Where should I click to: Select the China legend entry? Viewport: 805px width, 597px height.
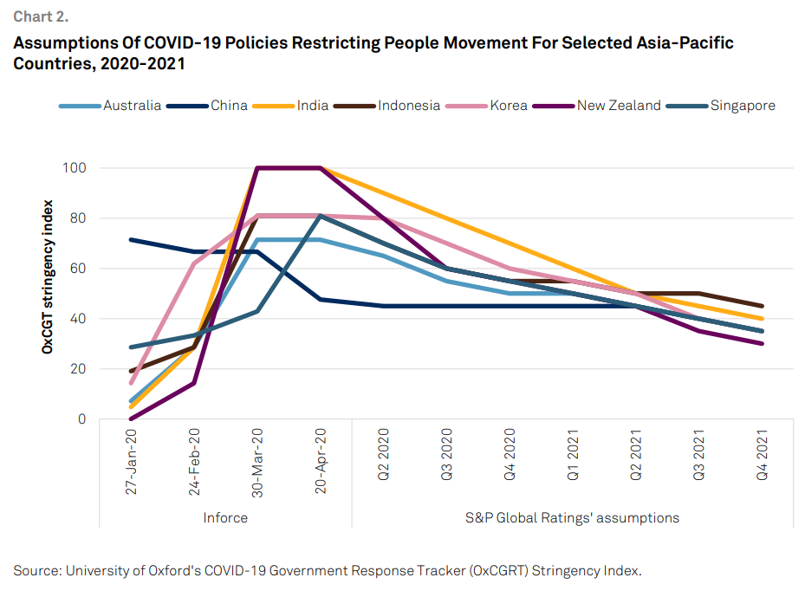click(229, 106)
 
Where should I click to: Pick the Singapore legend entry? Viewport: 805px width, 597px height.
click(742, 106)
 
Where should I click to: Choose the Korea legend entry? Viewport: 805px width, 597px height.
click(509, 106)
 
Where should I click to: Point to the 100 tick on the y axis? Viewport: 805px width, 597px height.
click(75, 167)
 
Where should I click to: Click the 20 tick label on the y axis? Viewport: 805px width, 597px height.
click(79, 369)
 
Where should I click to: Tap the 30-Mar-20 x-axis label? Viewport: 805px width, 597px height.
click(257, 459)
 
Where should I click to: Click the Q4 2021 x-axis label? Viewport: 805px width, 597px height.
click(762, 456)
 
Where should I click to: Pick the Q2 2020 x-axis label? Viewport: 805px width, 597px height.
click(384, 456)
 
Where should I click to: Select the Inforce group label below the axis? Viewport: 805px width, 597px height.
click(225, 518)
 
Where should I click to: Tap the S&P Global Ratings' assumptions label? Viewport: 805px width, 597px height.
click(572, 518)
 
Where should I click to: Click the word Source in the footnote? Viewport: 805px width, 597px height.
click(38, 570)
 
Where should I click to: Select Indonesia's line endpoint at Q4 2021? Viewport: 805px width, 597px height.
click(762, 306)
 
